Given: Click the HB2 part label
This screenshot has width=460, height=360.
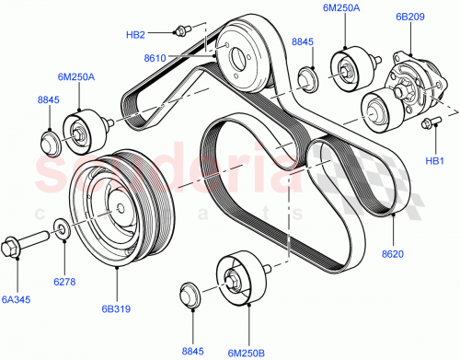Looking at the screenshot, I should (135, 36).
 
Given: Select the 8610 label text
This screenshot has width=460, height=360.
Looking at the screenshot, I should (155, 59).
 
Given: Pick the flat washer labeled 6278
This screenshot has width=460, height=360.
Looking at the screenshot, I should (59, 226).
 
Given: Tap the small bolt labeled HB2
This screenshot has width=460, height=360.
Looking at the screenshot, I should (181, 30).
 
